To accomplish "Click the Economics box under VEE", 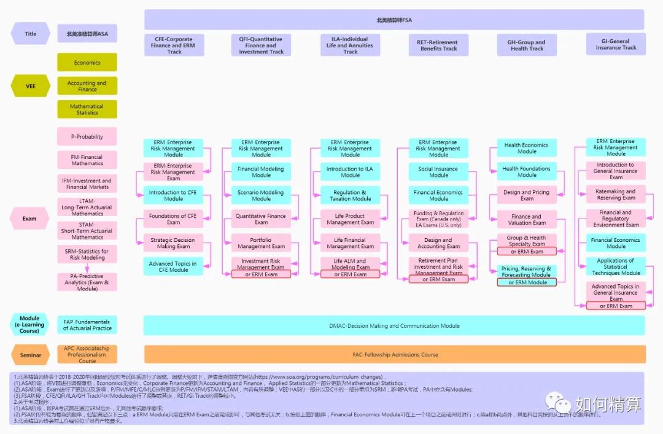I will [x=87, y=63].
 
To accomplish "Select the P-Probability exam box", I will [x=87, y=137].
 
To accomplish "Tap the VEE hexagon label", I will [x=30, y=87].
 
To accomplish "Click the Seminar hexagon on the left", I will [x=30, y=355].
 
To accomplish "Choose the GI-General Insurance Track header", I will [x=616, y=44].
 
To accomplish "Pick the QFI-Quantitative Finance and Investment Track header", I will [x=261, y=45].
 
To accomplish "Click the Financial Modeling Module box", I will [x=261, y=172].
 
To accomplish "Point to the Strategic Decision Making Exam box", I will [x=174, y=243].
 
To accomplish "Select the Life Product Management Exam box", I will [x=350, y=219].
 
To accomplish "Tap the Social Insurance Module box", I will [x=438, y=172].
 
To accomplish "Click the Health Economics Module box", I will [x=527, y=148].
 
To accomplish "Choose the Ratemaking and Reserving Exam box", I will [x=615, y=195].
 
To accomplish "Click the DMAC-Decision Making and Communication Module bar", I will [x=394, y=326].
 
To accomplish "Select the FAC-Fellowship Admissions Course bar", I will [x=395, y=354].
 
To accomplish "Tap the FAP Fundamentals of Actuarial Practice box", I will [x=87, y=325].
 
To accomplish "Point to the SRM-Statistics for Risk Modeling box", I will [x=87, y=254].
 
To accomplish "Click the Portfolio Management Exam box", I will [x=261, y=243].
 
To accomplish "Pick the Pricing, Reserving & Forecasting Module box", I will [x=526, y=271].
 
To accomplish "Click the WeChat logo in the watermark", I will [x=559, y=403].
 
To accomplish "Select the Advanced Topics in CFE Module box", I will [x=173, y=266].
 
